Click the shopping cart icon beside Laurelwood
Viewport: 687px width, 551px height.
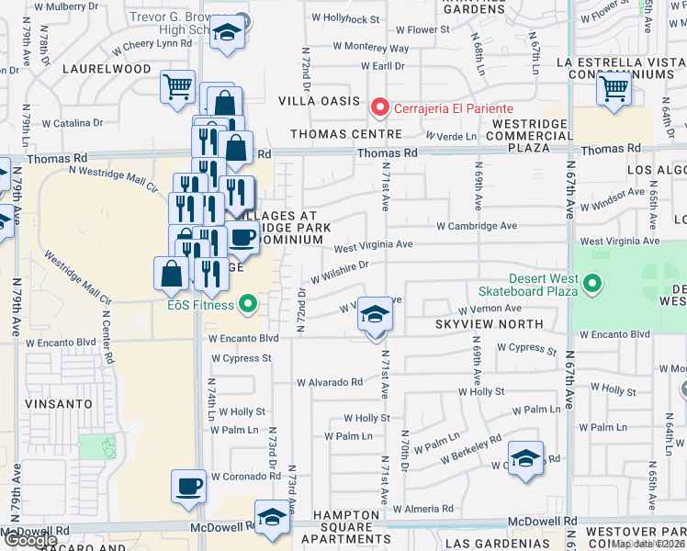click(x=177, y=88)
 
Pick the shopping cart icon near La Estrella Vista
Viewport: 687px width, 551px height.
click(x=614, y=90)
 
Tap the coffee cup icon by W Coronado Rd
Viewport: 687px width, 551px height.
click(x=189, y=487)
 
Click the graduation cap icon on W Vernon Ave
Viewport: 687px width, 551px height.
click(x=374, y=315)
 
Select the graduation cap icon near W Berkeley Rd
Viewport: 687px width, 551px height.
click(x=524, y=458)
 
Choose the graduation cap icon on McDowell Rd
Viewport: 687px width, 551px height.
click(x=272, y=517)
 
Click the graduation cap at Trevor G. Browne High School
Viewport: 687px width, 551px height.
click(x=225, y=33)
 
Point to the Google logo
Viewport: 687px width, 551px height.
click(x=29, y=540)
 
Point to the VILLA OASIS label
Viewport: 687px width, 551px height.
click(x=321, y=101)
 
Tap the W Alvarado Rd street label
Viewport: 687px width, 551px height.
click(x=329, y=382)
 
